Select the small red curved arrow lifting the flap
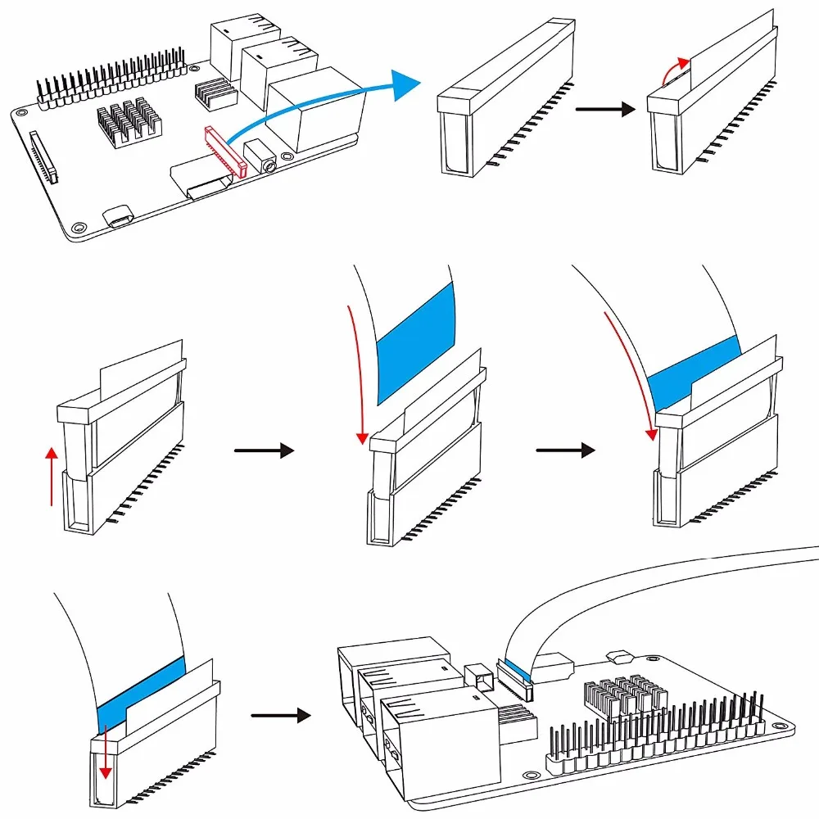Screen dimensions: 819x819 pyautogui.click(x=673, y=75)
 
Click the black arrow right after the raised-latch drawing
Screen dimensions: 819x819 pyautogui.click(x=263, y=450)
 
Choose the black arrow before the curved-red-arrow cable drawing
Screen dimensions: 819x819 pyautogui.click(x=564, y=450)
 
